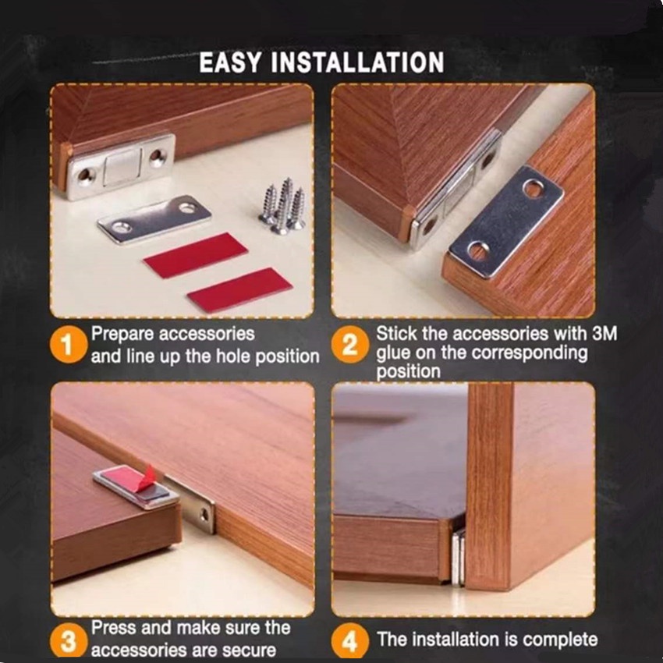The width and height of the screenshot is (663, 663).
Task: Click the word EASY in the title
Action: (x=230, y=62)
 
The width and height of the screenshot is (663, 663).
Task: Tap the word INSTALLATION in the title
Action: (x=357, y=62)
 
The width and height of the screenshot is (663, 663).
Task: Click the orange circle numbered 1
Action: (x=69, y=345)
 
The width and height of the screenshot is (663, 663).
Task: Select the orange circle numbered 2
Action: (x=349, y=344)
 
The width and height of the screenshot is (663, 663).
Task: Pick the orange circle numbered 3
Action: (x=68, y=641)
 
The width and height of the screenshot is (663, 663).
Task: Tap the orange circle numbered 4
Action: (x=349, y=641)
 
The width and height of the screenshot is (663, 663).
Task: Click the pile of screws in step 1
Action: (x=282, y=206)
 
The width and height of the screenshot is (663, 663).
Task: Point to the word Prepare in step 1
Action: (x=122, y=335)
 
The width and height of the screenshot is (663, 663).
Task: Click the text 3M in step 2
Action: (x=604, y=333)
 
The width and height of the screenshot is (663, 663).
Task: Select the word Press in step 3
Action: (x=114, y=628)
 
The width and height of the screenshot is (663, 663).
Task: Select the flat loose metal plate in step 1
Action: (x=154, y=219)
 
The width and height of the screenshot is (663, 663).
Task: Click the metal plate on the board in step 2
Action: (x=506, y=222)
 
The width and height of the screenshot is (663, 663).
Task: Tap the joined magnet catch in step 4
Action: (x=458, y=557)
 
